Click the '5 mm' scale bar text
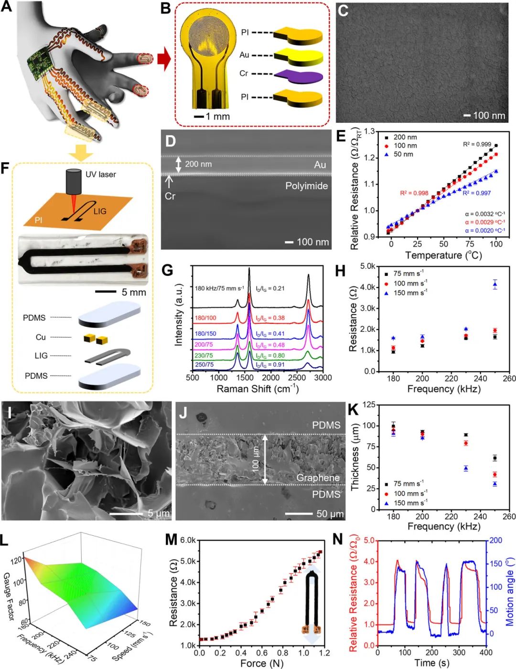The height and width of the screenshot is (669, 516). (134, 292)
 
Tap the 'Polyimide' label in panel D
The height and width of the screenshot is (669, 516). (306, 186)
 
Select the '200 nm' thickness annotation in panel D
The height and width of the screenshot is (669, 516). (198, 164)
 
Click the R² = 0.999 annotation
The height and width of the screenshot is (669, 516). (476, 144)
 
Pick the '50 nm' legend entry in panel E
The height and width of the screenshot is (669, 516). (403, 154)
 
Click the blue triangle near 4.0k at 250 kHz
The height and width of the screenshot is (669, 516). (495, 285)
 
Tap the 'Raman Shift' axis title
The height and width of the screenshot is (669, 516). (258, 389)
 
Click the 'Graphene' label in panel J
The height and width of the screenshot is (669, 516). (318, 478)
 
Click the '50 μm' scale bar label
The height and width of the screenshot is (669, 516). (330, 514)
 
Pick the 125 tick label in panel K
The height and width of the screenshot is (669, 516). (368, 405)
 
